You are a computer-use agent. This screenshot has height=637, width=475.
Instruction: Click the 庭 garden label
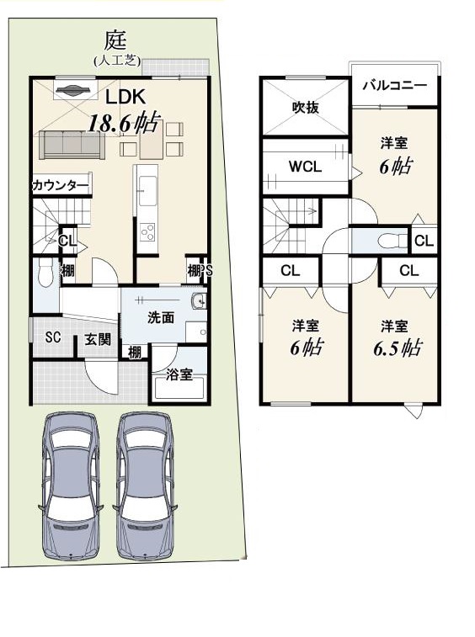coord(116,41)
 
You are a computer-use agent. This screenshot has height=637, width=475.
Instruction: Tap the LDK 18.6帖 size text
coord(123,122)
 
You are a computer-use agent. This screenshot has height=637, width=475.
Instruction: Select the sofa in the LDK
coord(72,145)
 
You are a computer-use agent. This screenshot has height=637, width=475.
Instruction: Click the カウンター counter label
coord(60,186)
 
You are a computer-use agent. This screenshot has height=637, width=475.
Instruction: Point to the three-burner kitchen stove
coord(147,232)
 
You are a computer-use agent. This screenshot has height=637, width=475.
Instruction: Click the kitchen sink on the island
coord(147,190)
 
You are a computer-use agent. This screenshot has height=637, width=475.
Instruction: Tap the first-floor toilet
coord(45,273)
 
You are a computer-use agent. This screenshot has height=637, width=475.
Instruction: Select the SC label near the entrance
coord(53,337)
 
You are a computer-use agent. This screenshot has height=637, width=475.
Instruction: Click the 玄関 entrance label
coord(98,339)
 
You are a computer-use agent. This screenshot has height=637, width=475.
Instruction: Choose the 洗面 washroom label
coord(161,317)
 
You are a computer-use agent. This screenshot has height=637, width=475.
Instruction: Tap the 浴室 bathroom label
coord(179,374)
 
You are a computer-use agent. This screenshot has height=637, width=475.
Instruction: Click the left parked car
coord(71,486)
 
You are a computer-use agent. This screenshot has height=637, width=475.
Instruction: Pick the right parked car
coord(144,486)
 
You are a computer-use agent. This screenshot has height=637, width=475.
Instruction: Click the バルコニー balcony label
coord(395,85)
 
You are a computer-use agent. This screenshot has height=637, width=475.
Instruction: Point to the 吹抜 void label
coord(306,107)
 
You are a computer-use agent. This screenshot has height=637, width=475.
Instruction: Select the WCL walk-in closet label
coord(305,166)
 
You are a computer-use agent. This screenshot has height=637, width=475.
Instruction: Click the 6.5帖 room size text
coord(398,348)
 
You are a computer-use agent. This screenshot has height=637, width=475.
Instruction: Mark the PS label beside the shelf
coord(206,271)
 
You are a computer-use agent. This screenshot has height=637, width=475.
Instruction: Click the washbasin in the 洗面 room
coord(199,301)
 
